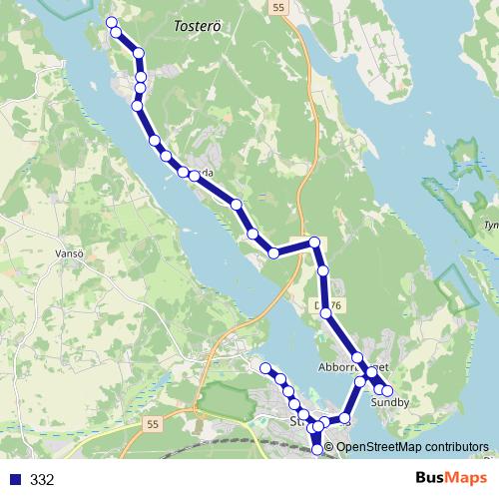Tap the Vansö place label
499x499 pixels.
click(x=67, y=253)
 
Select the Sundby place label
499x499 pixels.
click(x=389, y=403)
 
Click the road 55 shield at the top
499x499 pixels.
click(x=276, y=7)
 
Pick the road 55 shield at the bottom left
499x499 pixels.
click(x=151, y=425)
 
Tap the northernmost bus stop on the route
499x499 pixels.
click(x=111, y=23)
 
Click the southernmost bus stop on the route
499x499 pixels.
click(x=318, y=450)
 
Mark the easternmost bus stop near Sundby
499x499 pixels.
click(x=387, y=390)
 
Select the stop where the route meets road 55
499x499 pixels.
click(x=314, y=242)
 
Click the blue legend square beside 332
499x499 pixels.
click(x=15, y=480)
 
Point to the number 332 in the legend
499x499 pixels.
click(x=42, y=480)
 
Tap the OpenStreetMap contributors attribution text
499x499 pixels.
click(x=412, y=447)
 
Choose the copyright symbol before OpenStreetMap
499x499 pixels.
click(x=330, y=447)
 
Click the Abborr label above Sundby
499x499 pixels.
click(x=335, y=366)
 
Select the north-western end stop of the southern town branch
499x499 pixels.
click(x=266, y=369)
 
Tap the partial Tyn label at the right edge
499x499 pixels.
click(x=490, y=226)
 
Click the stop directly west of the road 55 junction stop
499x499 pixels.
click(x=273, y=253)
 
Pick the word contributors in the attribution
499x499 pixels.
click(x=456, y=447)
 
